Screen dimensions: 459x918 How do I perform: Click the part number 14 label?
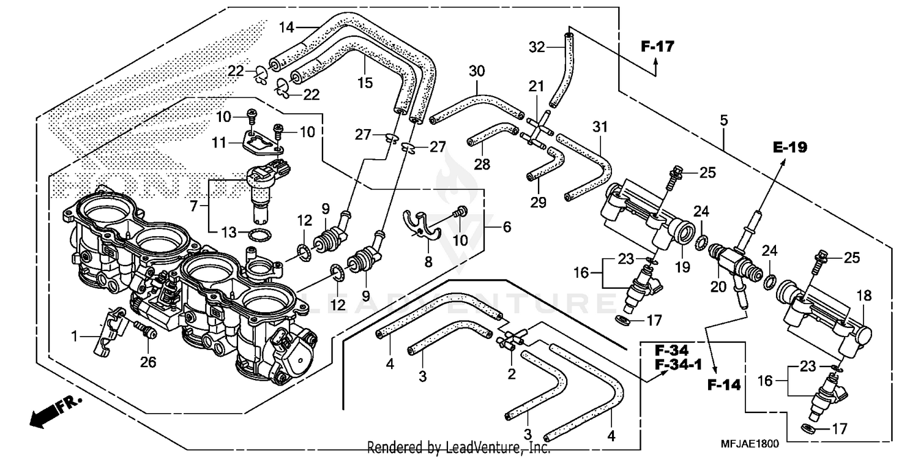click(x=287, y=27)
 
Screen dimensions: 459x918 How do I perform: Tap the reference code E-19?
click(x=790, y=147)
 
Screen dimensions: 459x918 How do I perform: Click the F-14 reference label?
click(x=724, y=385)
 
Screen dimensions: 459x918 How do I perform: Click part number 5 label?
click(x=724, y=121)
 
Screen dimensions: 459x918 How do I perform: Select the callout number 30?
click(x=477, y=72)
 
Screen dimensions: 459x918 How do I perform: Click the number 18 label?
click(x=864, y=296)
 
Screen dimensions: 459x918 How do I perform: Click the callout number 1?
click(x=75, y=335)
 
